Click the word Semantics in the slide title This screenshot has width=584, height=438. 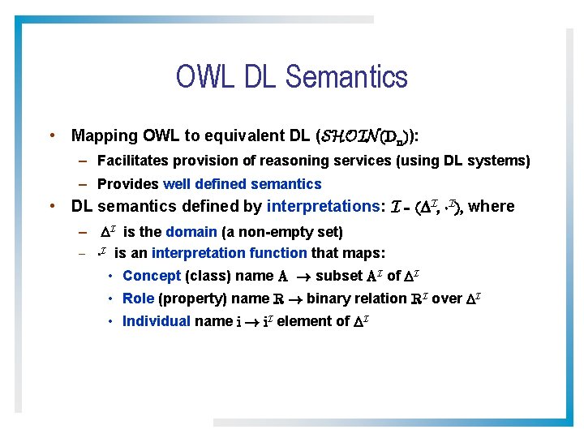tap(346, 77)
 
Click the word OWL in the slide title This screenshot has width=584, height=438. tap(203, 77)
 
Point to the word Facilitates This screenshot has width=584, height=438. tap(132, 161)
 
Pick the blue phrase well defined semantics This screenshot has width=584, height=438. tap(242, 184)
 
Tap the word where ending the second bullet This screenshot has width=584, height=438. tap(492, 206)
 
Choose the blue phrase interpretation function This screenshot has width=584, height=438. tap(230, 253)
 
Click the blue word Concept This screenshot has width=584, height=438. tap(152, 276)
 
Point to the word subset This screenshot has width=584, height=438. tap(339, 276)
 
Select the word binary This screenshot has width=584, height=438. tap(328, 298)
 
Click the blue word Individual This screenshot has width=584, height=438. tap(156, 321)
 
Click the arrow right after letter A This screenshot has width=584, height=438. tap(303, 277)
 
